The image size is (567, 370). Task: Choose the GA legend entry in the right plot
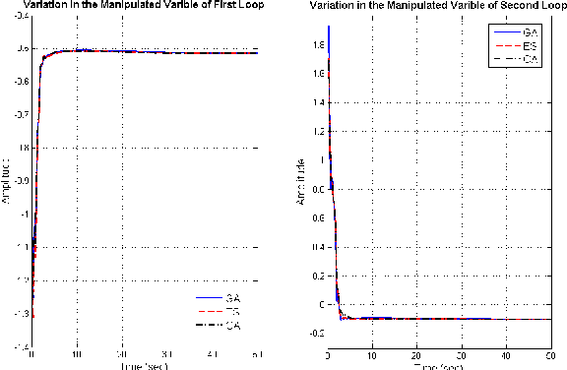pyautogui.click(x=529, y=32)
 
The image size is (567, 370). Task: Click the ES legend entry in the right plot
pyautogui.click(x=529, y=46)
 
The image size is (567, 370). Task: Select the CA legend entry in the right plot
pyautogui.click(x=529, y=60)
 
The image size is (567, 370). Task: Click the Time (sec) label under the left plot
pyautogui.click(x=144, y=365)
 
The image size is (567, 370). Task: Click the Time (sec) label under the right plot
pyautogui.click(x=438, y=365)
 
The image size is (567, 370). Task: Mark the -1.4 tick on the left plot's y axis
pyautogui.click(x=20, y=347)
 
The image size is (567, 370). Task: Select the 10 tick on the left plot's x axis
pyautogui.click(x=78, y=355)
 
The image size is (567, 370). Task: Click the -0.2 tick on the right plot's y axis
pyautogui.click(x=314, y=333)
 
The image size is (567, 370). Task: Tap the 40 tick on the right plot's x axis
pyautogui.click(x=506, y=355)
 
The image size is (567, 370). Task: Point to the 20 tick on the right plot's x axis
pyautogui.click(x=417, y=355)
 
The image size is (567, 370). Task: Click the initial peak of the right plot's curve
pyautogui.click(x=329, y=27)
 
